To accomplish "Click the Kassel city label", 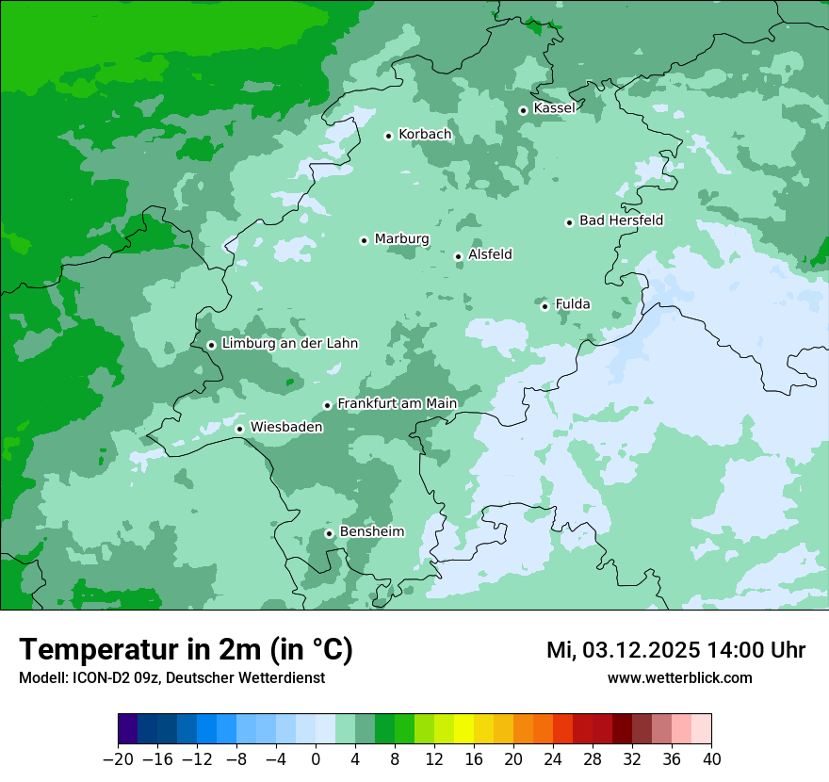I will pos(554,108).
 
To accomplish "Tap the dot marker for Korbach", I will pos(388,136).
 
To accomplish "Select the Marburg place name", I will pos(401,239).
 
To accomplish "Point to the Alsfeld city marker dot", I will pos(458,256).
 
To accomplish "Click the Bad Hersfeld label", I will pos(621,220).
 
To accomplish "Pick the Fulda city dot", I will pos(545,306).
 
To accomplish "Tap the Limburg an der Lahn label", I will pos(289,344).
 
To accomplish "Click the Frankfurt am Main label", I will pos(397,403).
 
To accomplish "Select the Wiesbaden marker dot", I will pos(240,430).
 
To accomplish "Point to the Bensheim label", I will pos(371,531).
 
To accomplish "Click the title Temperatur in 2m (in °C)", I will pos(186,650).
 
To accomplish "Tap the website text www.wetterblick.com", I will pos(679,677).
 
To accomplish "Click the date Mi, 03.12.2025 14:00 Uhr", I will pos(675,650).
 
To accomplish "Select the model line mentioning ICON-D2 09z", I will pos(171,677).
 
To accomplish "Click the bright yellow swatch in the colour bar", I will pos(463,730).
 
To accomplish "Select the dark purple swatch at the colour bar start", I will pos(128,730).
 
